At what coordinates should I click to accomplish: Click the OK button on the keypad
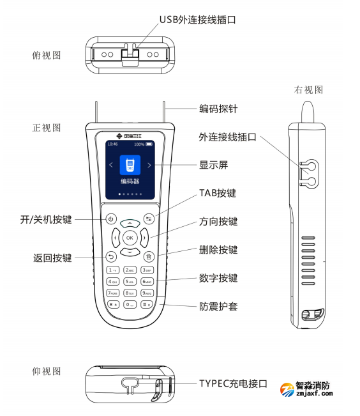[x=130, y=238]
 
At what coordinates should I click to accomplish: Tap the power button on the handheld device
[x=110, y=219]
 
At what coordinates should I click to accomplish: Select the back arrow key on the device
[x=110, y=258]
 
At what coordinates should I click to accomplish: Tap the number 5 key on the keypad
[x=130, y=281]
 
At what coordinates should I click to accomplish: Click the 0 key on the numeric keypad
[x=130, y=304]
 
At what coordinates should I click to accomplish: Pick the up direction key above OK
[x=130, y=223]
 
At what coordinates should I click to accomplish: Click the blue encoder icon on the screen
[x=130, y=166]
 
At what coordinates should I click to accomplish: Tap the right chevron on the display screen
[x=149, y=166]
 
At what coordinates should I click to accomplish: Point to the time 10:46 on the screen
[x=112, y=144]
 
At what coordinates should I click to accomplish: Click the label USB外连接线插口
[x=197, y=20]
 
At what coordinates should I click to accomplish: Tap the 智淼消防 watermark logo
[x=314, y=388]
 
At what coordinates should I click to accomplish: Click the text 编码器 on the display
[x=130, y=181]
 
